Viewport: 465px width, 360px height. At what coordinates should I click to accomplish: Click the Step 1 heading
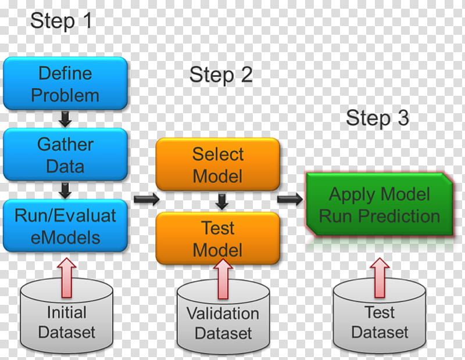tap(61, 21)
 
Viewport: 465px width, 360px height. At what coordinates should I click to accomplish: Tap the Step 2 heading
tap(221, 75)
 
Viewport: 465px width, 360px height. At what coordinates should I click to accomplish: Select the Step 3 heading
tap(377, 118)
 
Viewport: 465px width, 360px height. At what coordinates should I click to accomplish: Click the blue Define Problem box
tap(65, 84)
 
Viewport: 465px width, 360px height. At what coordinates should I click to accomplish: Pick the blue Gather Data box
tap(65, 154)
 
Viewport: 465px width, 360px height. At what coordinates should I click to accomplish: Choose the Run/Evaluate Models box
tap(65, 226)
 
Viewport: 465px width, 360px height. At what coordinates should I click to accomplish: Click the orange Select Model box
tap(217, 164)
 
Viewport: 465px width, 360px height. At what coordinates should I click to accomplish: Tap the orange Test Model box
tap(217, 238)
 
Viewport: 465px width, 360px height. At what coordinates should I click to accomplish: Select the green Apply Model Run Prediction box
tap(380, 204)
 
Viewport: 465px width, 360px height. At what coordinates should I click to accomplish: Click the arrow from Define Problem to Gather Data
tap(65, 119)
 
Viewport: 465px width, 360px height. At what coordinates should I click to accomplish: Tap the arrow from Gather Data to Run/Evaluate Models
tap(65, 190)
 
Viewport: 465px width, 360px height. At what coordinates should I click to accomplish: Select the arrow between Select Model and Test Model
tap(221, 201)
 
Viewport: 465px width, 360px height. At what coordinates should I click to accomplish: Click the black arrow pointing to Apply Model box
tap(290, 199)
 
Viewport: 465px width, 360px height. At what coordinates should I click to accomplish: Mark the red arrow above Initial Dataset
tap(67, 278)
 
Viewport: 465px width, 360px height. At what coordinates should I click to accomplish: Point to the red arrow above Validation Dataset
tap(223, 279)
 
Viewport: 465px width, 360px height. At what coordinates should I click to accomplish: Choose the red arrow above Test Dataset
tap(380, 278)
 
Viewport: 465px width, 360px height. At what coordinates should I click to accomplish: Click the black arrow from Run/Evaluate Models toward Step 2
tap(147, 199)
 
